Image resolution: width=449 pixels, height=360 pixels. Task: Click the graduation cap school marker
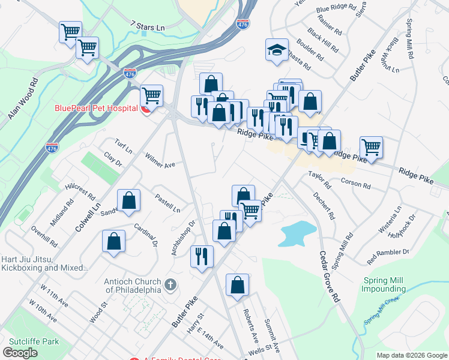277,50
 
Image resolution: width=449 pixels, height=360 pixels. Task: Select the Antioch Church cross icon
171,284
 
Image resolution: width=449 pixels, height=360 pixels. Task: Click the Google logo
20,352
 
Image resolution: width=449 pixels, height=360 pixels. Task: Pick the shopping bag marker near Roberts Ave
237,284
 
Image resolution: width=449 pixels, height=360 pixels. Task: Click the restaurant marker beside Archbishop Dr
202,256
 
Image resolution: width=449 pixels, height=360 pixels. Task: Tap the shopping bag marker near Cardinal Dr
113,241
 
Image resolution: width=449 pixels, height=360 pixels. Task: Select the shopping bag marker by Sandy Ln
128,200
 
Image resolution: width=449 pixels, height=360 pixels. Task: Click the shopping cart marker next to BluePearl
151,95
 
